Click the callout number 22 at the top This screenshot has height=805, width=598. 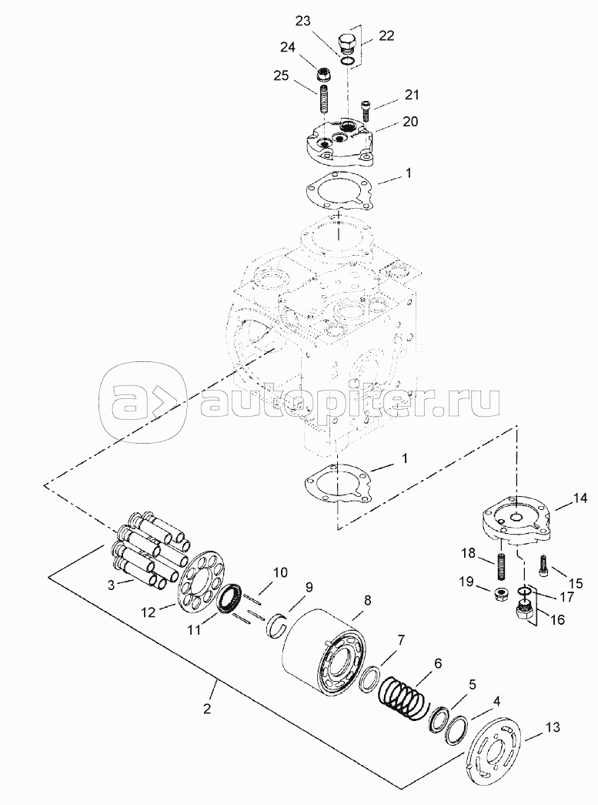386,35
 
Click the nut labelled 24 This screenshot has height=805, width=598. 324,75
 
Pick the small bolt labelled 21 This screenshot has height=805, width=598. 366,110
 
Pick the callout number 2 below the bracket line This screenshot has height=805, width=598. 206,709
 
